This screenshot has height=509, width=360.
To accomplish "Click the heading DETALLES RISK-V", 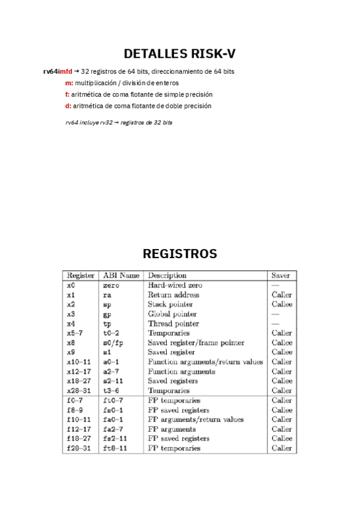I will coord(179,54).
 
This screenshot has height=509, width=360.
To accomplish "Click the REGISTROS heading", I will coord(179,254).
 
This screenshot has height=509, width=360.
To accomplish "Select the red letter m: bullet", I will coord(69,83).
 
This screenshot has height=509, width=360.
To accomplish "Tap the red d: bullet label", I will coord(68,106).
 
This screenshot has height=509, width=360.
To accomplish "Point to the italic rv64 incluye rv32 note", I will coord(119,122).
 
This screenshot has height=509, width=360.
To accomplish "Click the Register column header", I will coord(80,276).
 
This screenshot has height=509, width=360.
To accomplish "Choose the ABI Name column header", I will coord(121,276).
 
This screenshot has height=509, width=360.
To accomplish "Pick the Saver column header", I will coord(280,276).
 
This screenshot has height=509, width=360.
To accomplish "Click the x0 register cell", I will coord(71,286).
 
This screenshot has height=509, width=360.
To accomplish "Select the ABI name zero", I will coord(111,286).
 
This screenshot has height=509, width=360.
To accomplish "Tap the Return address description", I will coord(173,295).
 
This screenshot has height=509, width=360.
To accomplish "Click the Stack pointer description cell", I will coord(171,304).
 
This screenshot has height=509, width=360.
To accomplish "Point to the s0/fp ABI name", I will coord(113,343).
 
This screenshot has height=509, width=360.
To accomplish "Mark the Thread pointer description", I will coord(173,324).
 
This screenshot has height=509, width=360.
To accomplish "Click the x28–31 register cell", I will coord(79,390).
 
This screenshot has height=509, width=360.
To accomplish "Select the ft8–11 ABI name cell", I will coord(115,448).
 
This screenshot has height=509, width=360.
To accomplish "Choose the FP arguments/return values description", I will coord(196,420).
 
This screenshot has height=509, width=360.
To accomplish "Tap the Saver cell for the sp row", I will coord(281,304).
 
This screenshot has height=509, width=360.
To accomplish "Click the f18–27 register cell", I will coord(79,439).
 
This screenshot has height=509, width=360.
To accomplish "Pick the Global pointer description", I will coord(172,314).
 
